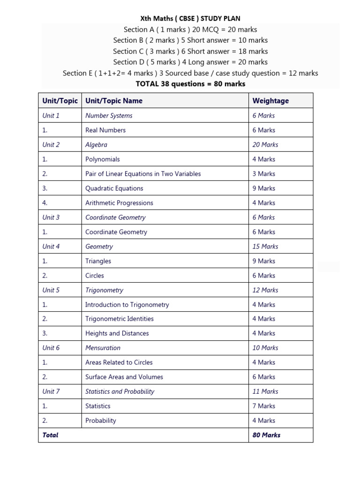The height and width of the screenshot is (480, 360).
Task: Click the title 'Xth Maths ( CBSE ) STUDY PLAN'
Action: coord(190,19)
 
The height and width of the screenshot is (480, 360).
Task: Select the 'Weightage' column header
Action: coord(270,101)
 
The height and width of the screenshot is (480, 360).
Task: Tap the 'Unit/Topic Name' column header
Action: coord(113,101)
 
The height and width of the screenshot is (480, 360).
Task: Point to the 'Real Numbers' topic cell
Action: coord(105,130)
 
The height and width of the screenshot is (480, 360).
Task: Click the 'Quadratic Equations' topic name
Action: coord(114,188)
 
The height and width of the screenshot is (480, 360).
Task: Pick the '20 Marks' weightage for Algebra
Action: coord(265,145)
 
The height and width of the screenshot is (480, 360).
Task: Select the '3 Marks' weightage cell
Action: coord(264,174)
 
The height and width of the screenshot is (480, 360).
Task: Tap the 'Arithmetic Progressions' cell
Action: coord(119,203)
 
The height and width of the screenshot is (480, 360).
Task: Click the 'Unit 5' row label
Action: coord(51,290)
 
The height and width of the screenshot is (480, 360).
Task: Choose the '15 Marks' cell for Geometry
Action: coord(265,247)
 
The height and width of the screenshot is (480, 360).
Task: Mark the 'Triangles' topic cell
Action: coord(98,261)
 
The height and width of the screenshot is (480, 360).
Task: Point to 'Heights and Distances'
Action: coord(117,334)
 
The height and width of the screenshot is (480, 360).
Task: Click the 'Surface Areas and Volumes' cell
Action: coord(124,377)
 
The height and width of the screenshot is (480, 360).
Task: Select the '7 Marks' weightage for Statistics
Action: coord(264,406)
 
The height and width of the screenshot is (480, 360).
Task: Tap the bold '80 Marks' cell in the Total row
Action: coord(266,435)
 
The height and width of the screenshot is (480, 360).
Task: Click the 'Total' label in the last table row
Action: coord(50,435)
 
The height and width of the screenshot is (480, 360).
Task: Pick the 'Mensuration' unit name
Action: coord(103,348)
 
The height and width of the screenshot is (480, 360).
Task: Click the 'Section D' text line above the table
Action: coord(190,62)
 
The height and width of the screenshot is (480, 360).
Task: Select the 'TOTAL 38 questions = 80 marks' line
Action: coord(190,84)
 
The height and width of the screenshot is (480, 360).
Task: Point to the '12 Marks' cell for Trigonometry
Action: coord(265,290)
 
